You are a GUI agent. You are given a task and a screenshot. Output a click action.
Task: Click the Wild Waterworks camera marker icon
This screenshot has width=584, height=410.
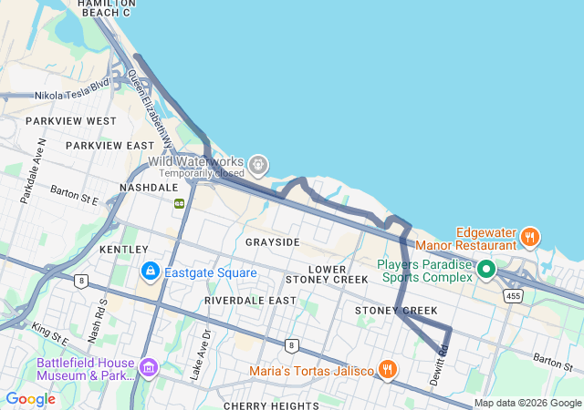259,164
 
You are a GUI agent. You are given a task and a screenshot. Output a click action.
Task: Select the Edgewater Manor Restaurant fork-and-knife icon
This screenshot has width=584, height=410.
529,237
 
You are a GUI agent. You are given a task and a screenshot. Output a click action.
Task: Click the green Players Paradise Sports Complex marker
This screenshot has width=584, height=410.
486,269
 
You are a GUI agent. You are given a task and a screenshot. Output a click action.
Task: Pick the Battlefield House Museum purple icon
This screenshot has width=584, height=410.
148,368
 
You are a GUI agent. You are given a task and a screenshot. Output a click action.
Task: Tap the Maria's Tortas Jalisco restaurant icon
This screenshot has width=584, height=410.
388,369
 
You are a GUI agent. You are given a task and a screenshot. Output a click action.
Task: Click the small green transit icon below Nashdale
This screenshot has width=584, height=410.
180,202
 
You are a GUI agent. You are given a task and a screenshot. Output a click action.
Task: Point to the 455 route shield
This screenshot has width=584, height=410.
514,295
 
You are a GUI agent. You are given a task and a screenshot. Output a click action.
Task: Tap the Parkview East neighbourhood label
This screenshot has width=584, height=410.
109,146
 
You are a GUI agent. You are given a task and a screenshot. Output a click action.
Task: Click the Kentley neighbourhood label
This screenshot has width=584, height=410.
123,249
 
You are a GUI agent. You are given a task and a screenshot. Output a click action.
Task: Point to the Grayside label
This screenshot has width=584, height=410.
272,242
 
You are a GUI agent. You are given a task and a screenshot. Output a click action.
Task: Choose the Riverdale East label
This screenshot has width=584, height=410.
250,300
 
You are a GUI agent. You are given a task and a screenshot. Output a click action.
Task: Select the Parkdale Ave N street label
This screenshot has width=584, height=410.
33,169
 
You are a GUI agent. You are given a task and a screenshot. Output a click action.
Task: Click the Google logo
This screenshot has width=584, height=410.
30,398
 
